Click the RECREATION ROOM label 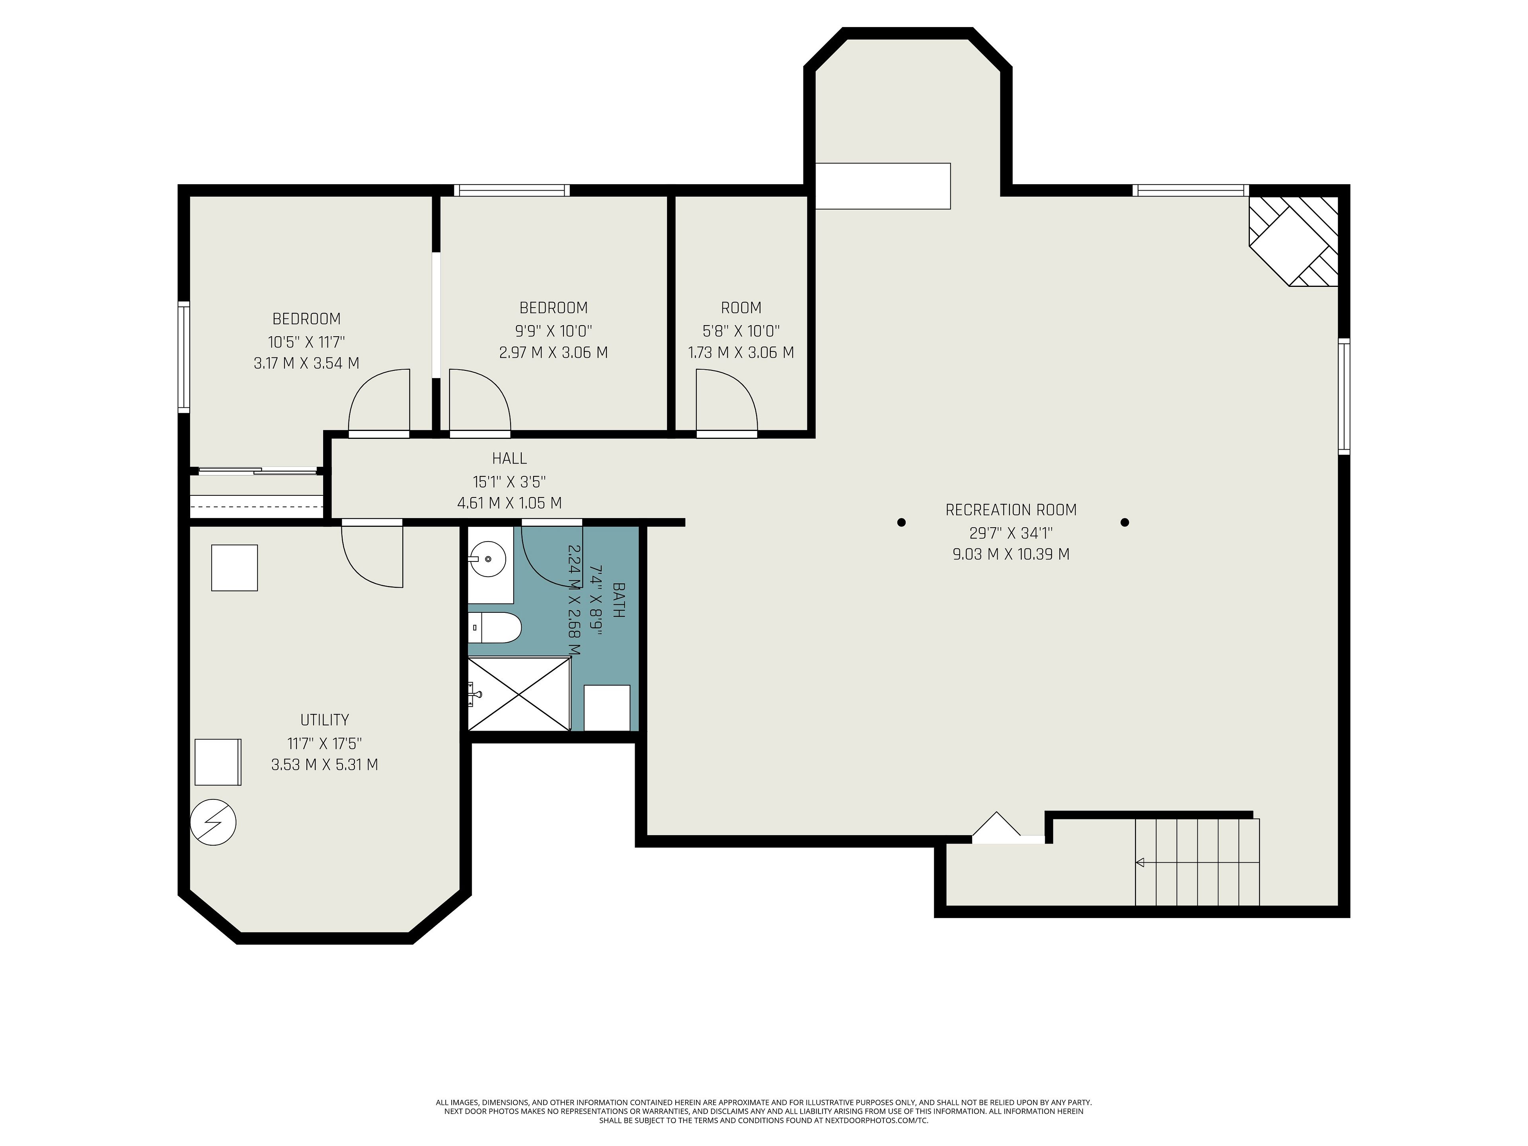1011,510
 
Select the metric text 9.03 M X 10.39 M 1011,554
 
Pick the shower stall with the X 519,694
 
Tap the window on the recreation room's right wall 1343,396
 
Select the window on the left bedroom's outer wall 184,357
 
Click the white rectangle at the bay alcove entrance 883,186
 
